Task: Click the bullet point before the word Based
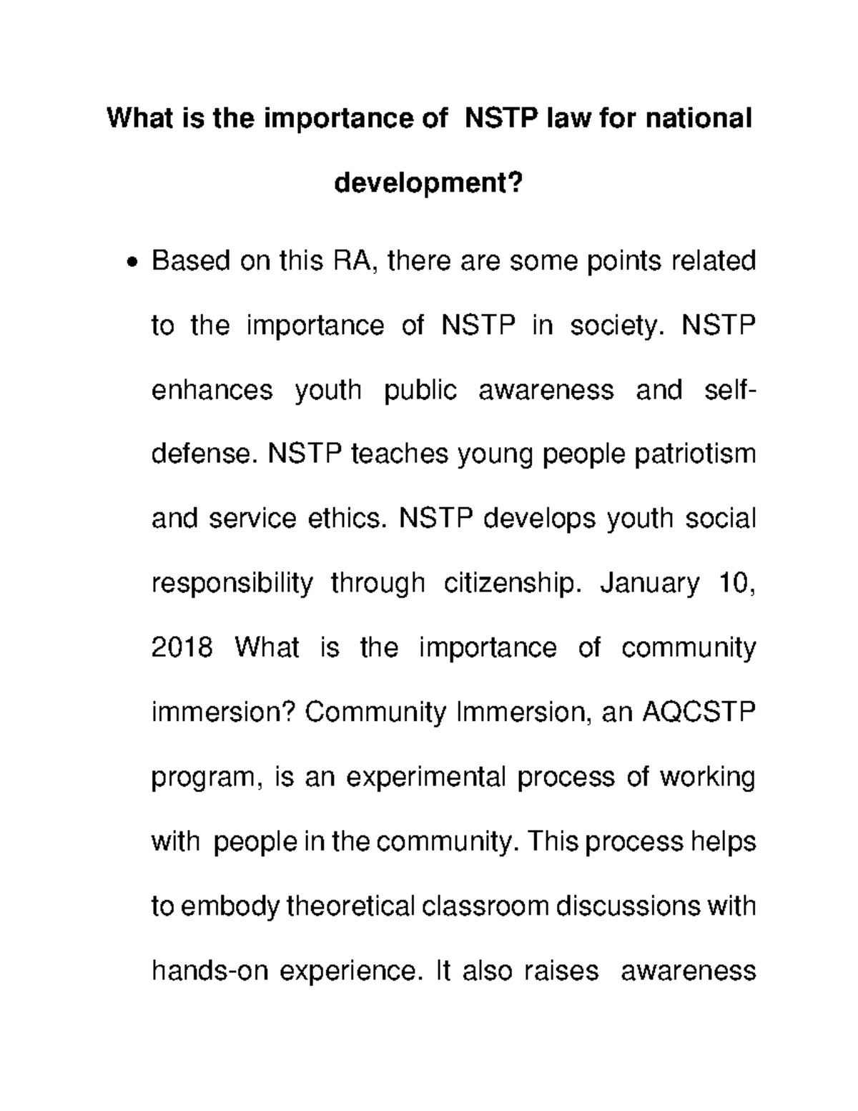[x=131, y=263]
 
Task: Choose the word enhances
[x=212, y=390]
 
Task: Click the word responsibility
[x=232, y=583]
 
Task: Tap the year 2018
[x=182, y=647]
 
